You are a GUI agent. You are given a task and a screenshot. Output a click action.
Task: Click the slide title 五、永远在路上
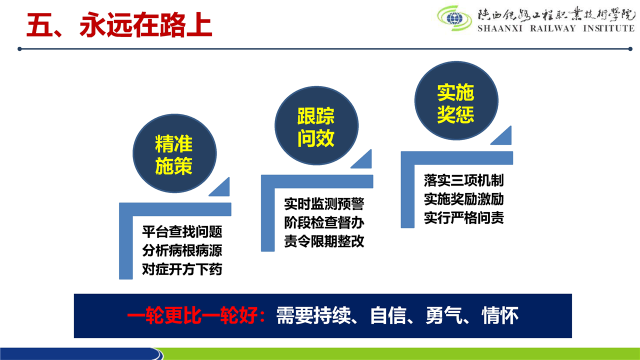point(119,25)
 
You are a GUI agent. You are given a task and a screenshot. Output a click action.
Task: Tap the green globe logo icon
point(454,18)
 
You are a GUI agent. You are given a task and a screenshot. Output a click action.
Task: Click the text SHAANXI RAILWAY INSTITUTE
point(556,28)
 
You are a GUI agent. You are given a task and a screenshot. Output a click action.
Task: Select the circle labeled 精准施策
point(174,153)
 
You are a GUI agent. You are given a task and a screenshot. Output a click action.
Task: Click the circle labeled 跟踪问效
point(316,125)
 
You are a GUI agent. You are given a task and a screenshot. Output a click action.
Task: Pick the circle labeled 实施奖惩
point(456,100)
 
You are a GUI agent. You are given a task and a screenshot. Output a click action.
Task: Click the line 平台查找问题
point(182,231)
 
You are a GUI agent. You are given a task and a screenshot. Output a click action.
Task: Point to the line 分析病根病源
point(182,250)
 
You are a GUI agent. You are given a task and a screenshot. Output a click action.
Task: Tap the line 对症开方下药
point(182,269)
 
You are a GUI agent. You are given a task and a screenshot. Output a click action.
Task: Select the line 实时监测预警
point(324,203)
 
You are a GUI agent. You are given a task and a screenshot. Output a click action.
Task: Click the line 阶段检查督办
point(324,222)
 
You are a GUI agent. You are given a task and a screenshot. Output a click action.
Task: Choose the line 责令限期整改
point(324,241)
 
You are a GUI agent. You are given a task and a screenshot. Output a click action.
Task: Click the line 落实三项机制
point(463,180)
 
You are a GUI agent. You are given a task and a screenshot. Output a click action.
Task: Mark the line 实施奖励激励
point(463,199)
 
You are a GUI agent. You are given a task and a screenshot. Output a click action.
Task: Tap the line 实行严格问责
point(463,218)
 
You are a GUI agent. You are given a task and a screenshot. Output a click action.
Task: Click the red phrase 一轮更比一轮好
point(192,315)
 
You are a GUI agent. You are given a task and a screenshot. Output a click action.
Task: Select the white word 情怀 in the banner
point(499,315)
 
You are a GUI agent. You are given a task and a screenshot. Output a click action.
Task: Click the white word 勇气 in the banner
point(444,315)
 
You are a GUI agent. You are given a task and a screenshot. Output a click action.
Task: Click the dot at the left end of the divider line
point(19,49)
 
